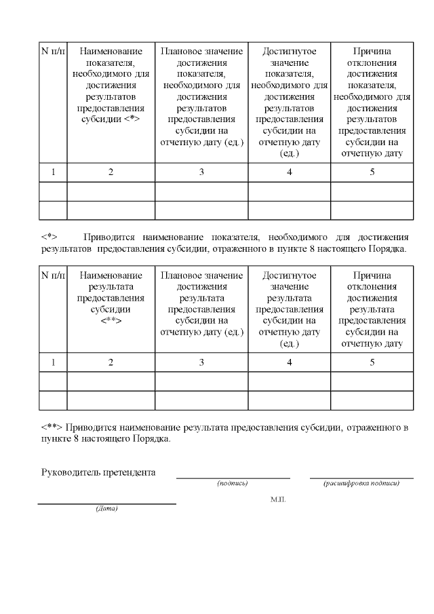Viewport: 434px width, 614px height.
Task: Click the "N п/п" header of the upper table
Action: tap(53, 52)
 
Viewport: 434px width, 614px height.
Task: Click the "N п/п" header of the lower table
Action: tap(53, 275)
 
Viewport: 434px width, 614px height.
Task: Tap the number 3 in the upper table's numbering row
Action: tap(201, 172)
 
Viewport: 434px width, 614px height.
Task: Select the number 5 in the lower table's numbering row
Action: tap(372, 362)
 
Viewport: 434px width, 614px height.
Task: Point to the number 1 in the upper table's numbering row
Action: tap(53, 172)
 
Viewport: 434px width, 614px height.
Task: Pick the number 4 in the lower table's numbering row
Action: tap(290, 362)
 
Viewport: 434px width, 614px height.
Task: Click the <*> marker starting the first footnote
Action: tap(49, 237)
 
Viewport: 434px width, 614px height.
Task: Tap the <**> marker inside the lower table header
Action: tap(111, 320)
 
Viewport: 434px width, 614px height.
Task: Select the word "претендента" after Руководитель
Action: tap(129, 472)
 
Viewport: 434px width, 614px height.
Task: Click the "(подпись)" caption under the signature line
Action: tap(233, 484)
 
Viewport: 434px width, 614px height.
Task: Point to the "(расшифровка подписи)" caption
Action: tap(361, 484)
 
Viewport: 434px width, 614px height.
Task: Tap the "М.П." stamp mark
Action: tap(278, 499)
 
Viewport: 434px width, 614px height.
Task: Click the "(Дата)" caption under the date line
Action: tap(106, 510)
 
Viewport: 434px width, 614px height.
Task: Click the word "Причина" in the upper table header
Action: tap(372, 52)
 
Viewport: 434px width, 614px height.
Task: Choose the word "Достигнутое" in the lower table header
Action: tap(290, 275)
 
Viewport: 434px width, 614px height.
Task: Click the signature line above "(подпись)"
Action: tap(233, 478)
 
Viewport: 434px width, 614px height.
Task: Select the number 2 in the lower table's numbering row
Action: tap(111, 362)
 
